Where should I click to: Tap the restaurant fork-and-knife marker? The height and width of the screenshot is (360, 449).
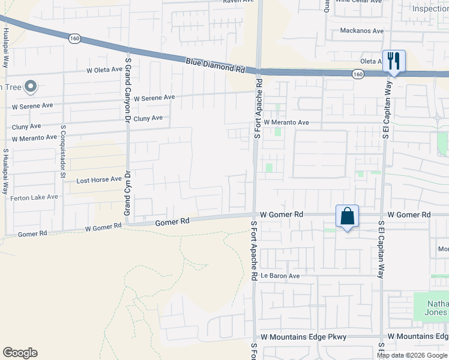click(x=394, y=61)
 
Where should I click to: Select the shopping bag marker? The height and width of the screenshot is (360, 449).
click(x=348, y=216)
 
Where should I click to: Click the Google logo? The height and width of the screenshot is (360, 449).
click(x=20, y=353)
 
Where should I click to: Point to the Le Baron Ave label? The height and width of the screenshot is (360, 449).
click(x=280, y=276)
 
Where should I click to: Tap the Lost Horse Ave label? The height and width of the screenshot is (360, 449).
click(x=99, y=179)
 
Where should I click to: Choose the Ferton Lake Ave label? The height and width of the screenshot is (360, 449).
click(x=34, y=197)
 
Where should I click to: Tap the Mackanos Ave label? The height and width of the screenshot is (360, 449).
click(x=361, y=31)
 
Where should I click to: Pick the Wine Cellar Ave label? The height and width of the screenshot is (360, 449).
click(x=358, y=2)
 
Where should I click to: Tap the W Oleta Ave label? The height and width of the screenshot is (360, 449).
click(x=104, y=70)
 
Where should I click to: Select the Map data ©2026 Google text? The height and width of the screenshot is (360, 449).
click(x=412, y=355)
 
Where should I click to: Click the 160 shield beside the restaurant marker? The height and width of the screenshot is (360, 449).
click(x=358, y=74)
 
